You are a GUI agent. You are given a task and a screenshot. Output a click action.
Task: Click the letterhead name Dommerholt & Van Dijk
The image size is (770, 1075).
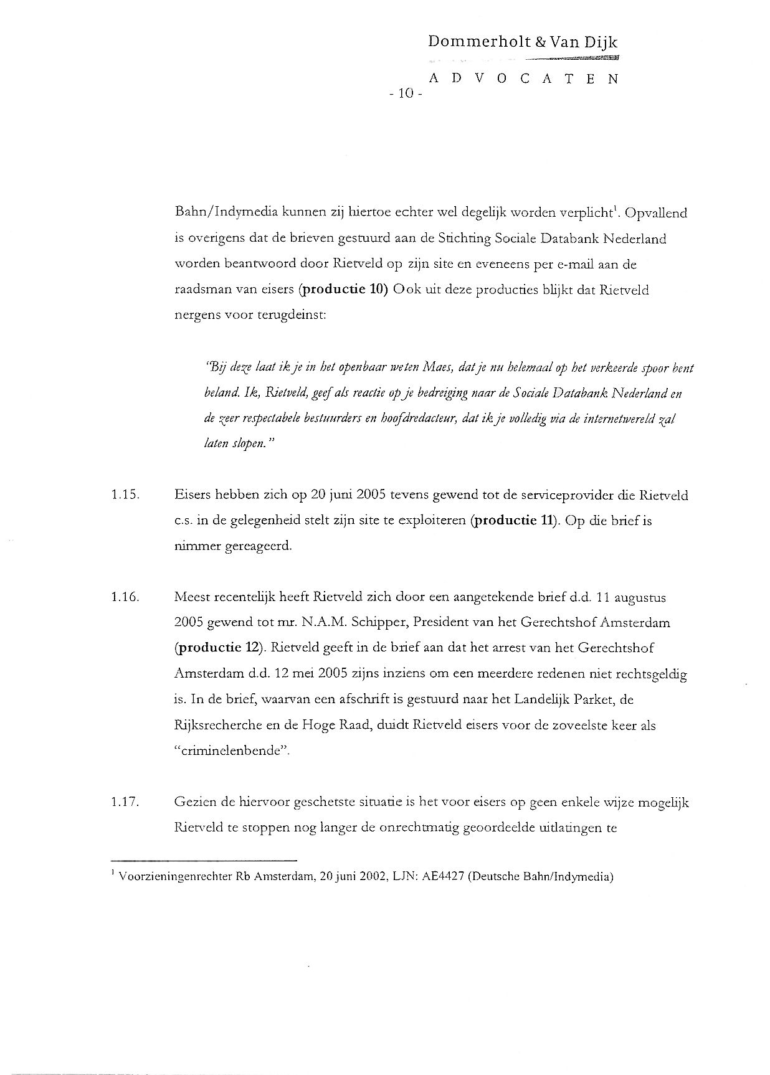pos(523,42)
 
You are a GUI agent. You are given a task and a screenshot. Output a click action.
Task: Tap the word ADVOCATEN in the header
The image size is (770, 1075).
pos(523,79)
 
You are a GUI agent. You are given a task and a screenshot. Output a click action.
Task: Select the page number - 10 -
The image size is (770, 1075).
pos(406,94)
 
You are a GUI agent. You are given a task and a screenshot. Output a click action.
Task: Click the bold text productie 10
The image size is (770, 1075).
pos(344,290)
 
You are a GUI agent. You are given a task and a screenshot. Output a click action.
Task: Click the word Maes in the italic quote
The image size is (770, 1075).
pos(437,368)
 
